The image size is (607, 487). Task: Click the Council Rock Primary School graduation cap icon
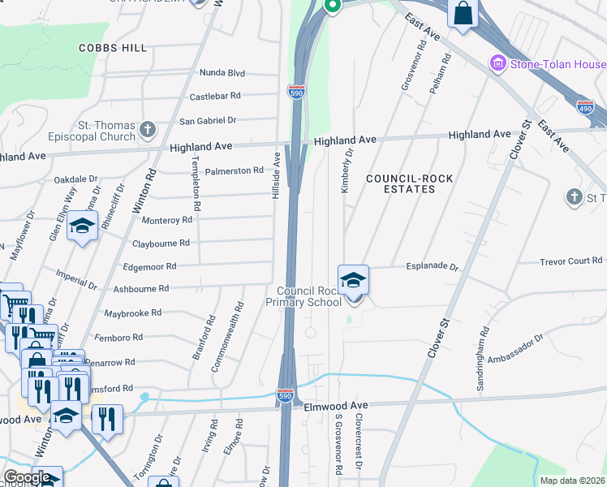pyautogui.click(x=353, y=280)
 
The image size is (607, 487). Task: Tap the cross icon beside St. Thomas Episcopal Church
pyautogui.click(x=147, y=128)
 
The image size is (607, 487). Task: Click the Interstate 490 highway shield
pyautogui.click(x=584, y=106)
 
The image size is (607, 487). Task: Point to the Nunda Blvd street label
pyautogui.click(x=222, y=73)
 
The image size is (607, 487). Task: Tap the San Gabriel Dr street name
pyautogui.click(x=207, y=120)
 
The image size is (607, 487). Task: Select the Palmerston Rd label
pyautogui.click(x=234, y=170)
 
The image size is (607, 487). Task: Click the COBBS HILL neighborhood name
pyautogui.click(x=113, y=48)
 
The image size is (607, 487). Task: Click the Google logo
pyautogui.click(x=27, y=477)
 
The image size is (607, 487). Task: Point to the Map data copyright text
pyautogui.click(x=573, y=481)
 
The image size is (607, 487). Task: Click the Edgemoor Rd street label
pyautogui.click(x=149, y=266)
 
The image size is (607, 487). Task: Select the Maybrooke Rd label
pyautogui.click(x=133, y=312)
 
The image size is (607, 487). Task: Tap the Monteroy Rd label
pyautogui.click(x=166, y=220)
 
